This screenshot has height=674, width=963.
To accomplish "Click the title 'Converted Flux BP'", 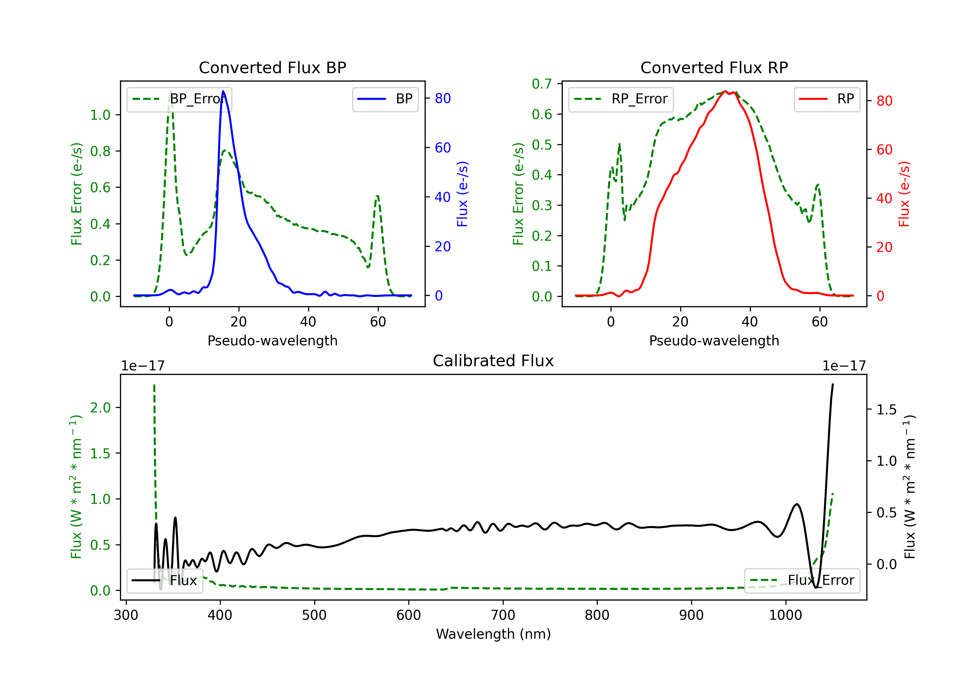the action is (273, 67).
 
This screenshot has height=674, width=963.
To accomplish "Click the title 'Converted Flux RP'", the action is (714, 67).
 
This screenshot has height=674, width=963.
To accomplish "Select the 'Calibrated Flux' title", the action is (493, 361).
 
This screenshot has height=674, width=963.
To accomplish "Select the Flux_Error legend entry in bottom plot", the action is (802, 581).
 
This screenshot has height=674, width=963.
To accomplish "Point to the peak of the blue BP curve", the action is (223, 91).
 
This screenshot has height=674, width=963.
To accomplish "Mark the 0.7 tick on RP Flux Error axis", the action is (542, 84).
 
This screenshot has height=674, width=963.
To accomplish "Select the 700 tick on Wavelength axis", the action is (503, 615).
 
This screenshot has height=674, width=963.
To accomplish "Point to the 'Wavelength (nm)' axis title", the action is (493, 634).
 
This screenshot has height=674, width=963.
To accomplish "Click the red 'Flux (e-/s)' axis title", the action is (904, 194).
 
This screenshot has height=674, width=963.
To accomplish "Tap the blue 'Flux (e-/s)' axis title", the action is (462, 194).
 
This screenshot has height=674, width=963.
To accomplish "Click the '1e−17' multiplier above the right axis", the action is (844, 366).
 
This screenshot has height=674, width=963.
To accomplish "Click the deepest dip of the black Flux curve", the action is (816, 588).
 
